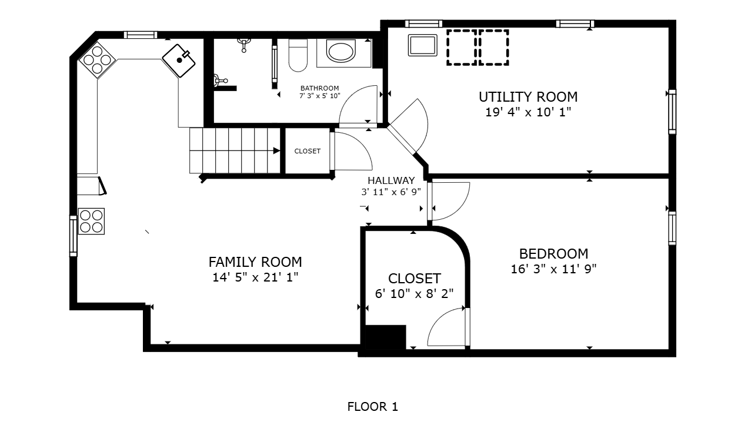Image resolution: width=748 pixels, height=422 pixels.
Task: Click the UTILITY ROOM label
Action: tap(528, 97)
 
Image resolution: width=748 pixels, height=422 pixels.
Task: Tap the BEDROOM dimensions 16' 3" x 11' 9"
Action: tap(553, 269)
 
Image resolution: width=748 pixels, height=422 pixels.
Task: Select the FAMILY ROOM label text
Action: tap(255, 262)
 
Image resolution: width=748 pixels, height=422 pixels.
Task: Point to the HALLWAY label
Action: tap(391, 180)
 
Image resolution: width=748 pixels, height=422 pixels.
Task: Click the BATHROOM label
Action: tap(319, 88)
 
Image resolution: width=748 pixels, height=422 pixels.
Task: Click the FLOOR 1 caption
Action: tap(373, 407)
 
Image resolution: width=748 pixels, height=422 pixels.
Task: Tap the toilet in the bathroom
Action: tap(298, 55)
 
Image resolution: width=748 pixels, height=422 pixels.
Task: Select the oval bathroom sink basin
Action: tap(341, 51)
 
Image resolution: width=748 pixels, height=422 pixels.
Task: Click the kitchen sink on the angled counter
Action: tap(179, 61)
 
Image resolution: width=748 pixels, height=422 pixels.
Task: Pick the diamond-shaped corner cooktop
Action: tap(97, 60)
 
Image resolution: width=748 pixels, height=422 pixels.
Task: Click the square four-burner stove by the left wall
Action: tap(91, 222)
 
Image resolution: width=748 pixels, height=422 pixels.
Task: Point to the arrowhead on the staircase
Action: tap(276, 150)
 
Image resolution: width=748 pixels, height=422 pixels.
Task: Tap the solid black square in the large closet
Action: tap(386, 337)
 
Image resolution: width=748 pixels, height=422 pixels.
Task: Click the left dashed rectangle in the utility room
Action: tap(462, 48)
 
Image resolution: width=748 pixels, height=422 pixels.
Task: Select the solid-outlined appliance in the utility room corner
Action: tap(422, 45)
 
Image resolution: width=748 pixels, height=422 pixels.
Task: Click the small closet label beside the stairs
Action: tap(307, 151)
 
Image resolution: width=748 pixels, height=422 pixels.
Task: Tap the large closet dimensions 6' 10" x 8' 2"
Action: tap(414, 294)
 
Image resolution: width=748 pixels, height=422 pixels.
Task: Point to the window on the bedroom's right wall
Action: tap(672, 229)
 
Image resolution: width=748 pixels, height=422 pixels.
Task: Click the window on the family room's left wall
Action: tap(73, 236)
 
